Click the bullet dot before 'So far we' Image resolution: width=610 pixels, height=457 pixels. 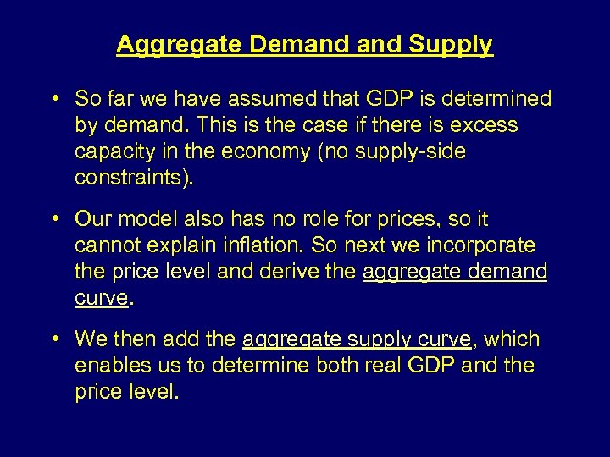pos(55,99)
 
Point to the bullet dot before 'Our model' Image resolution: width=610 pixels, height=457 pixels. pos(55,219)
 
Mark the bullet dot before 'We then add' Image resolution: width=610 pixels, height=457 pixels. pos(55,339)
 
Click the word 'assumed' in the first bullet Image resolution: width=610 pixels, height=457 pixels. pos(259,99)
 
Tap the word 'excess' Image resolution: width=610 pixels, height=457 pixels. pos(484,125)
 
